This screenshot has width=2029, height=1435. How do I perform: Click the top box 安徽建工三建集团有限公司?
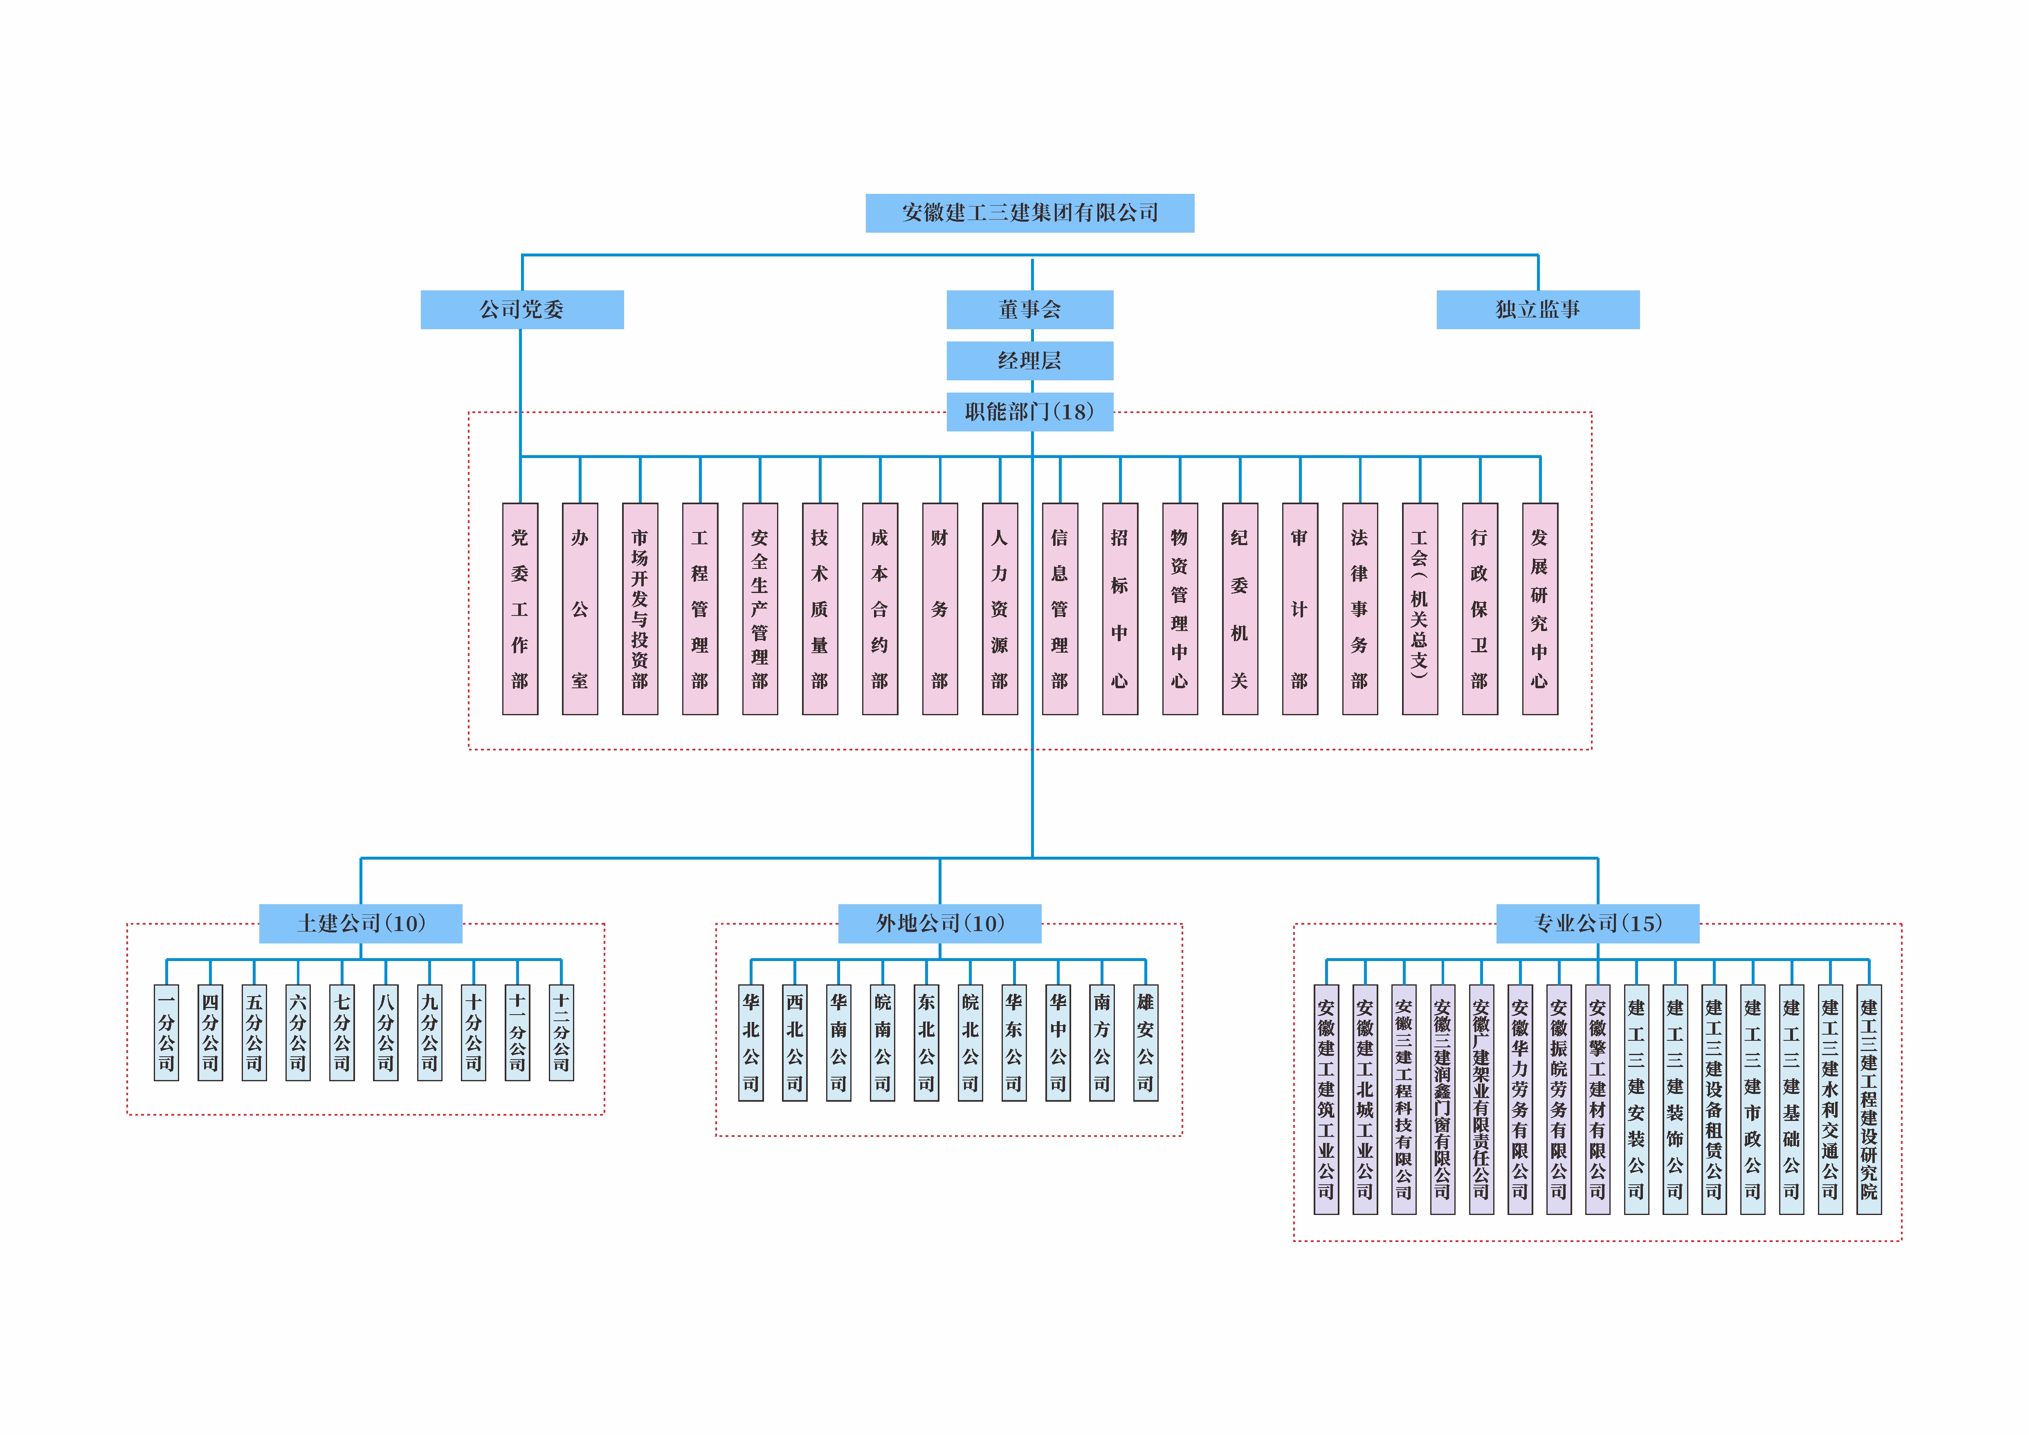[x=1029, y=213]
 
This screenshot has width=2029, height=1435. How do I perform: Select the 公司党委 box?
[x=521, y=309]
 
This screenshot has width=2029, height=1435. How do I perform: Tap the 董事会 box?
[x=1029, y=309]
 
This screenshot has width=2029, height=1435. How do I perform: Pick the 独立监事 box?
[x=1538, y=309]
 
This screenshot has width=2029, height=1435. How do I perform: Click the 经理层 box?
[x=1029, y=361]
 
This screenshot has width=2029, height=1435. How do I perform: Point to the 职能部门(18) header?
[x=1029, y=412]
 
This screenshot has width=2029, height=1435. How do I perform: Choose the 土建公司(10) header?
[x=361, y=923]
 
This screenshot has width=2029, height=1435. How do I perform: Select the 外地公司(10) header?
[x=939, y=923]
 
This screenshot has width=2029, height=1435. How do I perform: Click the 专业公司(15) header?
[x=1598, y=923]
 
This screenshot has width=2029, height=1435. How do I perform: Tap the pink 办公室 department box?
[x=580, y=609]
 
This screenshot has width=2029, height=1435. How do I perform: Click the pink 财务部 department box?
[x=939, y=609]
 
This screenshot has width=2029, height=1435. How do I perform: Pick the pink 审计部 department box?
[x=1299, y=609]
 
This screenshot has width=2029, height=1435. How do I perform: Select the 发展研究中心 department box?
[x=1539, y=609]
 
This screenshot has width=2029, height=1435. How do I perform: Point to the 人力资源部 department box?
[x=1000, y=609]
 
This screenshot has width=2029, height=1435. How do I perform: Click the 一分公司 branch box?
[x=166, y=1032]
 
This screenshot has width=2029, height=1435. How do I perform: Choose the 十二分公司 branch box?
[x=561, y=1032]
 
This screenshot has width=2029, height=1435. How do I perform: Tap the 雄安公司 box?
[x=1145, y=1043]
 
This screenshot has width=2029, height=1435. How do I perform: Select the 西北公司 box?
[x=794, y=1043]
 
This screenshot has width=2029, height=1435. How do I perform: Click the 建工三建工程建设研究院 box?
[x=1868, y=1099]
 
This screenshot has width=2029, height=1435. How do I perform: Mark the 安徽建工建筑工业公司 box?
[x=1326, y=1099]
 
